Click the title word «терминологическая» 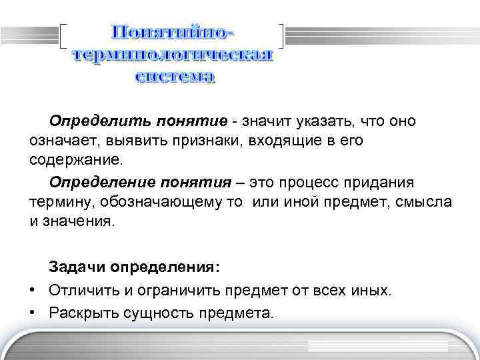pyautogui.click(x=173, y=55)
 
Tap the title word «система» pyautogui.click(x=175, y=77)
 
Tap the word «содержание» pyautogui.click(x=75, y=161)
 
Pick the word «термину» pyautogui.click(x=56, y=201)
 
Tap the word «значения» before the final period pyautogui.click(x=77, y=221)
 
